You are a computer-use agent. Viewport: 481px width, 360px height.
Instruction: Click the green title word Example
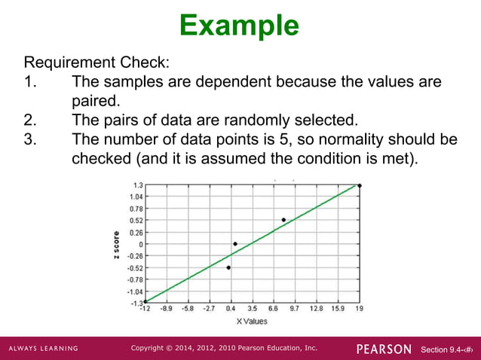(x=240, y=25)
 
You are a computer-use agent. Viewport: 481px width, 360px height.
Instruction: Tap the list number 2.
(x=29, y=120)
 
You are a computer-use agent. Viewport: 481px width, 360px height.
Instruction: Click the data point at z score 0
(x=235, y=243)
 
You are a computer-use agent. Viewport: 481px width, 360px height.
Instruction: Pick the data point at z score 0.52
(x=283, y=220)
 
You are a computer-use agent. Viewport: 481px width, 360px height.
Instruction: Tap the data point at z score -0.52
(x=228, y=267)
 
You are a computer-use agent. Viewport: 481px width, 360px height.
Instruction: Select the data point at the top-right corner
(x=360, y=185)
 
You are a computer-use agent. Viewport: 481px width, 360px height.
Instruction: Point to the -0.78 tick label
(x=134, y=279)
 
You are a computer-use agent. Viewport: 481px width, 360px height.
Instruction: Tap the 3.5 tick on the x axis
(x=252, y=308)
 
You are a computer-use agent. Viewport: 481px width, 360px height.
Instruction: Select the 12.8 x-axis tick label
(x=316, y=308)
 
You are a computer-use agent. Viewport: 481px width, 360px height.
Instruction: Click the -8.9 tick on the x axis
(x=167, y=308)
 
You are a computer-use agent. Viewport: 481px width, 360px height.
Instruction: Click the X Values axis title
(x=252, y=321)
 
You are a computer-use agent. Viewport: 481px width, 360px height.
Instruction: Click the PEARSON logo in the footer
(x=384, y=349)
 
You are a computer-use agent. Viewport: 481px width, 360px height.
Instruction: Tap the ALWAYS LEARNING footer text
(x=44, y=349)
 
